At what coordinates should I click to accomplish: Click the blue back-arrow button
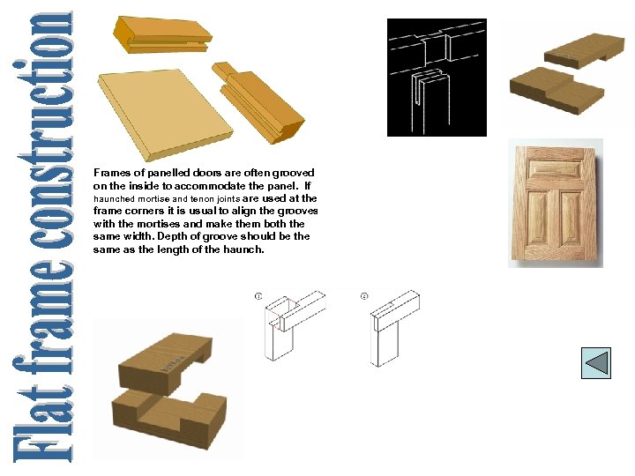(x=595, y=362)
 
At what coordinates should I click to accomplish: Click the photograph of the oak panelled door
(x=556, y=204)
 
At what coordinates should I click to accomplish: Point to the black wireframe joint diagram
(x=437, y=78)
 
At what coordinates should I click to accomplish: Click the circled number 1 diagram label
(x=258, y=296)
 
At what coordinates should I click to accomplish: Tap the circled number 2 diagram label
(x=364, y=296)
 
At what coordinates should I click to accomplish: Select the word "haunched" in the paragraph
(x=114, y=198)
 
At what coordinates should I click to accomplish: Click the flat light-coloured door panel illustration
(x=165, y=115)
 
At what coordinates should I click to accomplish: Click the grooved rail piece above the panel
(x=162, y=34)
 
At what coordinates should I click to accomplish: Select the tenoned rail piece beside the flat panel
(x=258, y=102)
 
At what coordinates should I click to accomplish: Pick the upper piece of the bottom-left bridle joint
(x=165, y=363)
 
